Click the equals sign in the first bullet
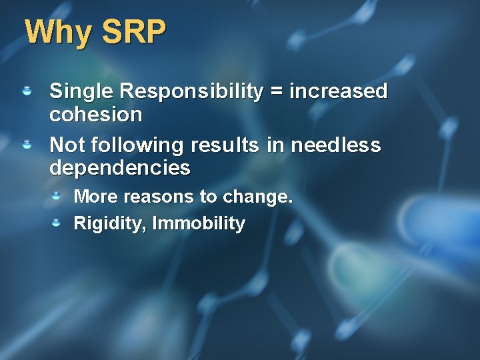[x=275, y=92]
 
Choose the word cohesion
[x=96, y=115]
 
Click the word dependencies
[x=120, y=168]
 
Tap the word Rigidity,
[x=110, y=223]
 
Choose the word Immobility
[x=199, y=223]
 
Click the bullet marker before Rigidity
[x=57, y=222]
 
